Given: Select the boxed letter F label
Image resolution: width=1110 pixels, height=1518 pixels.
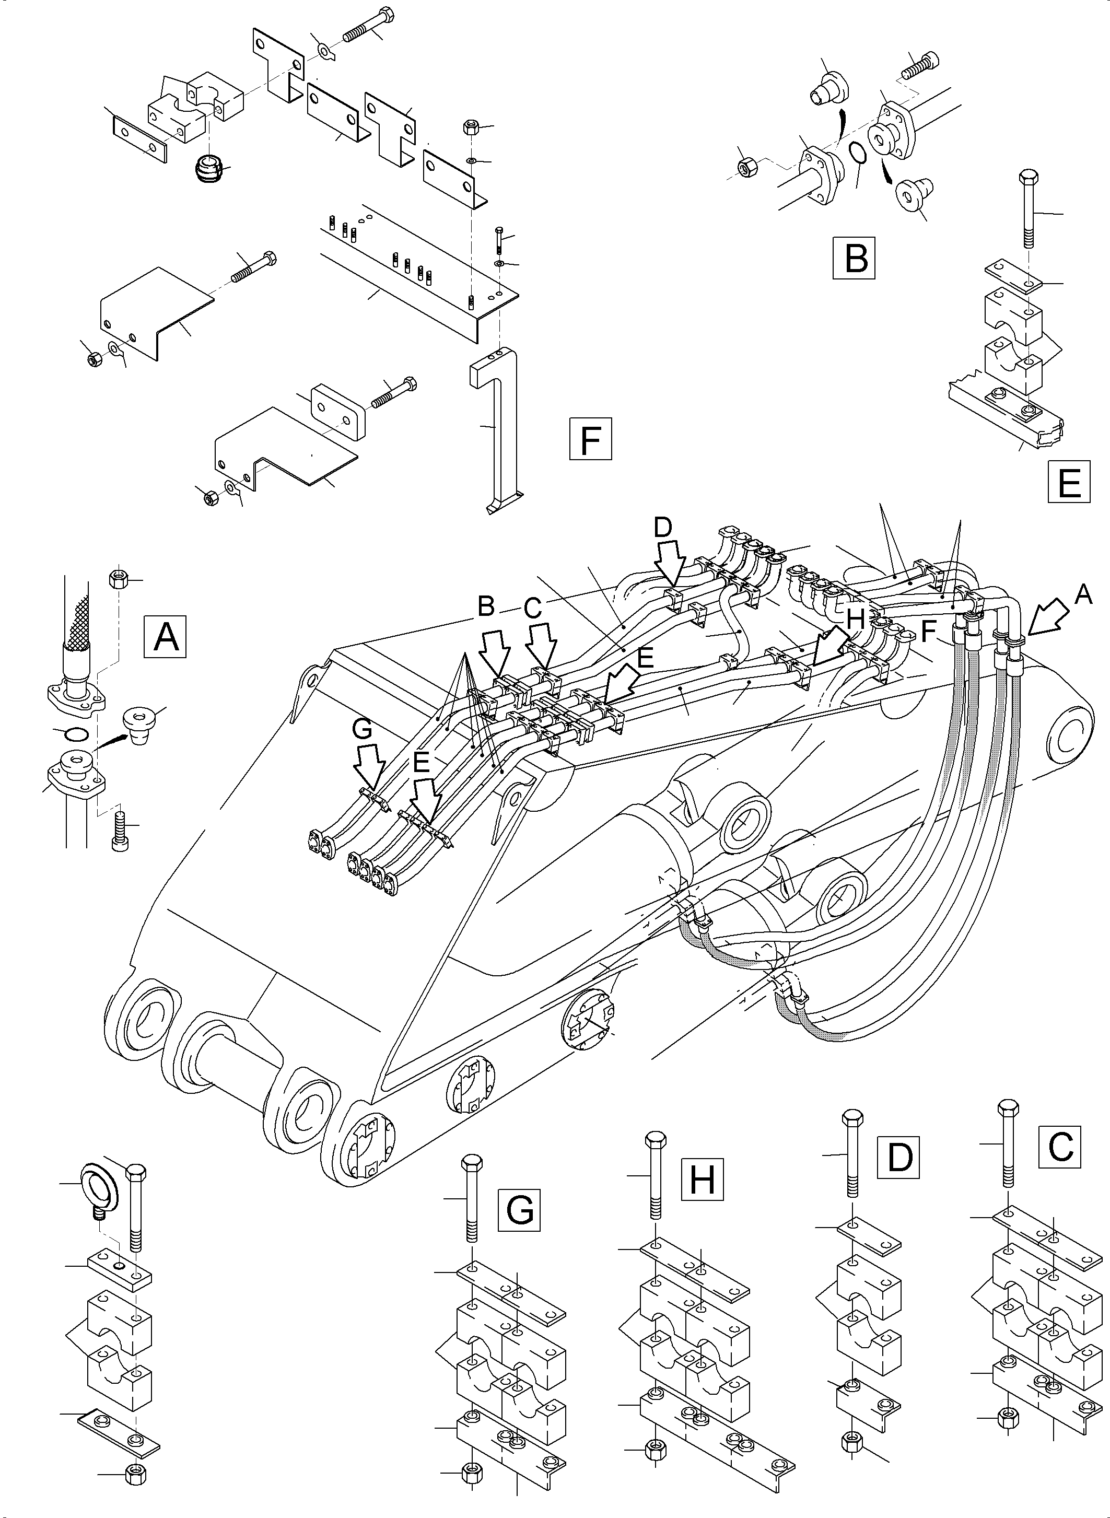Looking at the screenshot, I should (590, 439).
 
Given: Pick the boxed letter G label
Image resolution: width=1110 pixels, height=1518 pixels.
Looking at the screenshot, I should (519, 1210).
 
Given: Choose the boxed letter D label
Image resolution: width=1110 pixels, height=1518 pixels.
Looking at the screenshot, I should (898, 1157).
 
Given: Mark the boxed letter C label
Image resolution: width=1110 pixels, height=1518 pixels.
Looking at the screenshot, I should (1060, 1146).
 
